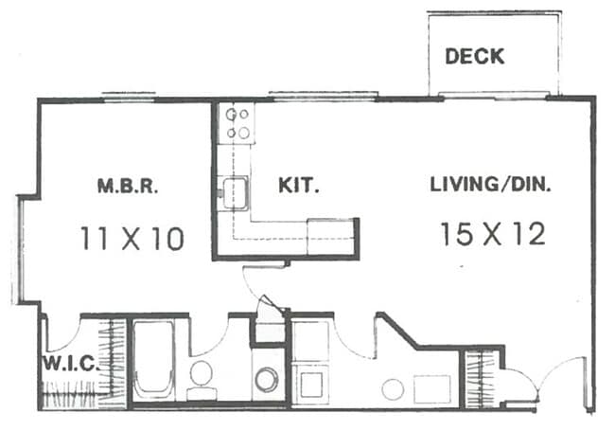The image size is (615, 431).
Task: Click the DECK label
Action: coord(475,56)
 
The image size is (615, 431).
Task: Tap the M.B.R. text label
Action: coord(127,186)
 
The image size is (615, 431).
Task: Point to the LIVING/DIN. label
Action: coord(490,185)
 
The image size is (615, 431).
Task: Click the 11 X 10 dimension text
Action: coord(131,238)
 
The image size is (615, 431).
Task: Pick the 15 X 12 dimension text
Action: coord(492,234)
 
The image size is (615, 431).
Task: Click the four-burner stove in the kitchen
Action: coord(237,123)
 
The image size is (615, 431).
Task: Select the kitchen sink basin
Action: coord(234,194)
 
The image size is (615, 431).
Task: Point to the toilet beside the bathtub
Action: coord(201,375)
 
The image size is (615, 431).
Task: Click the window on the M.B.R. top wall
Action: coord(129,96)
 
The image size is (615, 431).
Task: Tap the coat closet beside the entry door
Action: coord(481,377)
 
